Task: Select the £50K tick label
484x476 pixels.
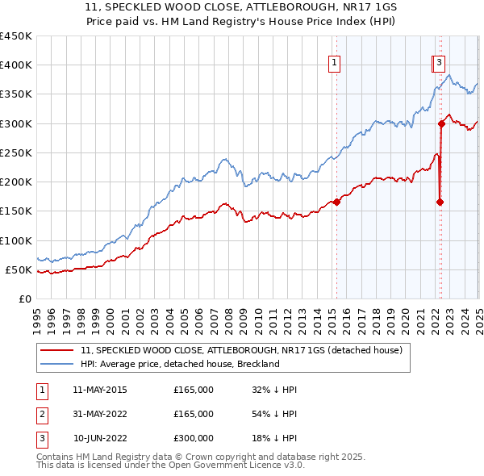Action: (x=19, y=270)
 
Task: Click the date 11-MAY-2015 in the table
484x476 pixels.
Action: (x=100, y=390)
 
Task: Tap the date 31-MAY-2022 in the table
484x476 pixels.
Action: (x=100, y=414)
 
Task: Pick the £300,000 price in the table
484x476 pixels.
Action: (x=194, y=438)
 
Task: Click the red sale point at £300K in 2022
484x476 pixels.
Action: (x=442, y=123)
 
